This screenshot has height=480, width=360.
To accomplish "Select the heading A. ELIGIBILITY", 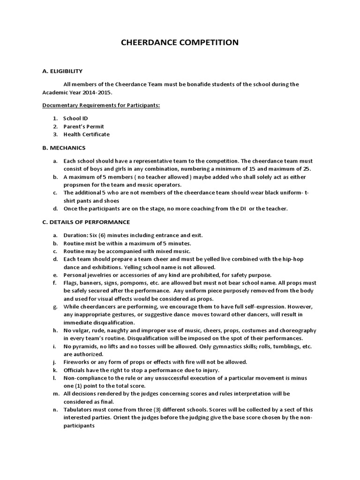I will pos(62,71).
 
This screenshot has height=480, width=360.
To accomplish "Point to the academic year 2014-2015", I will pos(99,92).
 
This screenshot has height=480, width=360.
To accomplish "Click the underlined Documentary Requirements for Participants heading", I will pos(101,105).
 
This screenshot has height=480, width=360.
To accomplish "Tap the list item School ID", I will pos(75,119).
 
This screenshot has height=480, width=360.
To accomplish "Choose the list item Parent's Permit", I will pos(84,127).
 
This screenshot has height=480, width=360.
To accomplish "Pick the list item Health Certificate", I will pos(87,135).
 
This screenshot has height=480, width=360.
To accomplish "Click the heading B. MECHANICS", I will pos(64,148).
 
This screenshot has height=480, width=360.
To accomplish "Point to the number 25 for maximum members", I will pos(307,169).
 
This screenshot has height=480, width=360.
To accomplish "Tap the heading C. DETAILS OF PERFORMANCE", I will pos(86,222).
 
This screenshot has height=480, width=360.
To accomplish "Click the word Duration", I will pos(75,235).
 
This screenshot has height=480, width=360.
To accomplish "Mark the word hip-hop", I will pos(305,259).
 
